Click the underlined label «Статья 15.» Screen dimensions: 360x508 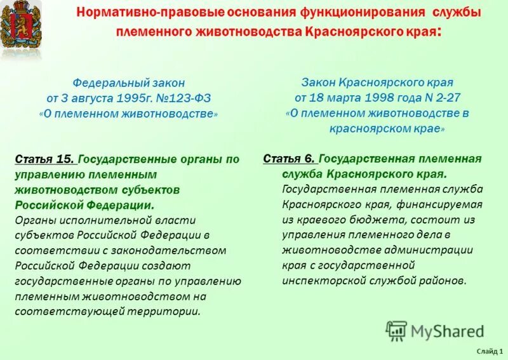[44, 159]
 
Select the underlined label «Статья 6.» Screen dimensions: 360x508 [289, 159]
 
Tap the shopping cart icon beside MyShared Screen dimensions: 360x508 [396, 330]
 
